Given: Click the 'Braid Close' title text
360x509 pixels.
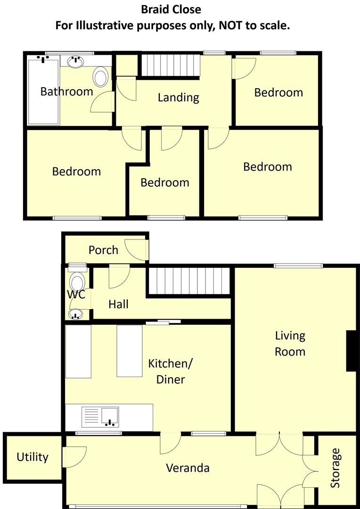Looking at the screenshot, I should [x=171, y=9].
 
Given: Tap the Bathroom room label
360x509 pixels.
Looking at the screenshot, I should [x=66, y=91].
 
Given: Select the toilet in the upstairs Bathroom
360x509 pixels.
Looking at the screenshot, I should [x=100, y=77].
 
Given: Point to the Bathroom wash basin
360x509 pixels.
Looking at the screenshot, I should [x=76, y=61].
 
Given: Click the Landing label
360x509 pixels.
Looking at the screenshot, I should [x=178, y=98].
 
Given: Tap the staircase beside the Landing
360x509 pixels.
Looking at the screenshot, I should [x=171, y=65].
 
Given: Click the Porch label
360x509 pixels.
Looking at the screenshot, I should [x=103, y=250].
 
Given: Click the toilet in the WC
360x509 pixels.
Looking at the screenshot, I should [x=76, y=282].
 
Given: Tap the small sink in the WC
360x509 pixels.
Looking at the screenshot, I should [x=75, y=313].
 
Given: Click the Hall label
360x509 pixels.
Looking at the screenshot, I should [x=118, y=304].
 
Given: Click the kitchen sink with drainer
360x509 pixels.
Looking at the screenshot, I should [x=101, y=417].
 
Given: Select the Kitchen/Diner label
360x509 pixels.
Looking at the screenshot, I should [x=171, y=371].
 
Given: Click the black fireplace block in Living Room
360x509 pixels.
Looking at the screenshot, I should [x=351, y=351].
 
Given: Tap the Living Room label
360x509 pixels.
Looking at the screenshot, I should [x=290, y=344].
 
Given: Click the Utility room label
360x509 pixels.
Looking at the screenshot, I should [x=33, y=457].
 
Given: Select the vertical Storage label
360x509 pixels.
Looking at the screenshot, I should [x=335, y=468].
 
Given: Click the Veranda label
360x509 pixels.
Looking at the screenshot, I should [x=188, y=468].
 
